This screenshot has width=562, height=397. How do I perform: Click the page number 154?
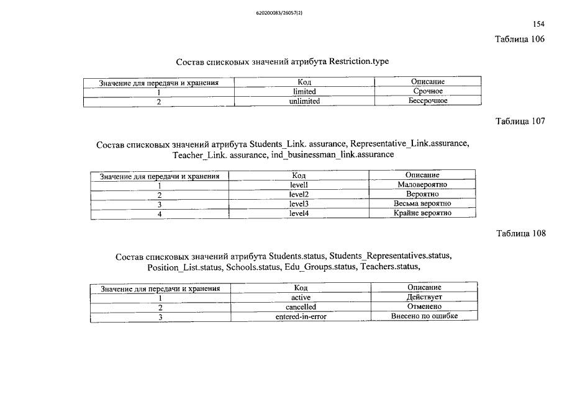[x=538, y=24]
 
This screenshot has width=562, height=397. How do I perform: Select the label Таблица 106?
[x=520, y=39]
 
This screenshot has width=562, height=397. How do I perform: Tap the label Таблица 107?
[x=520, y=121]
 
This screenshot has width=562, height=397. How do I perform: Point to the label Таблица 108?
[x=520, y=234]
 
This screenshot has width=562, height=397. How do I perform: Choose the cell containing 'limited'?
[x=304, y=91]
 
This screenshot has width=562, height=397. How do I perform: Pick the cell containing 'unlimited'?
[x=304, y=100]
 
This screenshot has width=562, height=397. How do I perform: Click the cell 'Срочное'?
[x=428, y=91]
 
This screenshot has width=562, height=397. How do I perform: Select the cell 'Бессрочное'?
[x=428, y=100]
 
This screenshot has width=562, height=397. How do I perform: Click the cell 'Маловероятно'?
[x=422, y=185]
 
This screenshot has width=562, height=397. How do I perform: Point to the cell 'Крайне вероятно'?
[x=422, y=213]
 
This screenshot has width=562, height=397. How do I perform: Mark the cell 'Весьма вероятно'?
[x=422, y=204]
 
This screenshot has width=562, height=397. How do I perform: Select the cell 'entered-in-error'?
[x=301, y=316]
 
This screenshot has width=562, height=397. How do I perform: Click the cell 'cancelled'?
[x=301, y=307]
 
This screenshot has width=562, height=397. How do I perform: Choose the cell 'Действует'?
[x=424, y=297]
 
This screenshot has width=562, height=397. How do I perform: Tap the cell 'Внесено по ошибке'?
[x=424, y=316]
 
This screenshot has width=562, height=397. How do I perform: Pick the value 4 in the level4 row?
[x=160, y=214]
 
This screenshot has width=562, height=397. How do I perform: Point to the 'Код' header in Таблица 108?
[x=301, y=288]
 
